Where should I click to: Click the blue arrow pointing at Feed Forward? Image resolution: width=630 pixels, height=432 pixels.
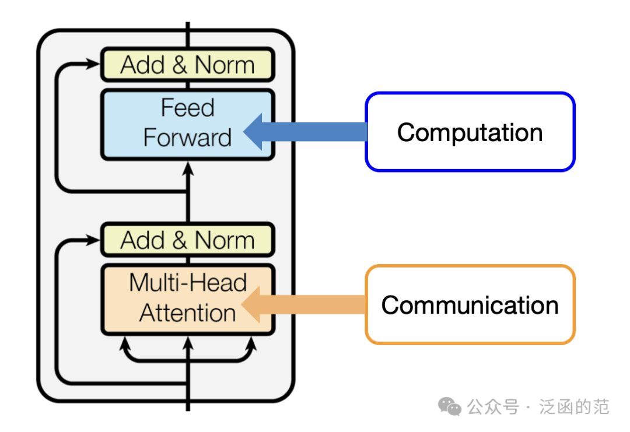(x=305, y=132)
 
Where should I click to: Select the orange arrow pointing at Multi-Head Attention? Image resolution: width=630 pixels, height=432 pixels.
(x=303, y=304)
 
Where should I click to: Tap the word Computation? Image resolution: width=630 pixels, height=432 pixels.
(x=470, y=132)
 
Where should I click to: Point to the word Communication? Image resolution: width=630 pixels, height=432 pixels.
(x=470, y=305)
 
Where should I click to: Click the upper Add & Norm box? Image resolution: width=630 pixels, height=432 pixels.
(x=188, y=65)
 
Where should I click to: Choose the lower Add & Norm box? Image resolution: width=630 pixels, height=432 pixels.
(x=188, y=240)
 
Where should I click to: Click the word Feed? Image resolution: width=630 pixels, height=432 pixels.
(x=188, y=108)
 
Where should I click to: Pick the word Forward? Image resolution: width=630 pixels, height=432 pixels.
(x=188, y=138)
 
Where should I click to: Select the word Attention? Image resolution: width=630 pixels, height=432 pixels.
(x=188, y=312)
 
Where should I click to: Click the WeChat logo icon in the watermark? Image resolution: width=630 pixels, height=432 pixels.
(x=450, y=407)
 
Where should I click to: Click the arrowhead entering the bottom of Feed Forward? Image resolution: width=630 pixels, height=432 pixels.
(x=188, y=168)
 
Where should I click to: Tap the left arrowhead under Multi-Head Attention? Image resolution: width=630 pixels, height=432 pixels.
(x=125, y=343)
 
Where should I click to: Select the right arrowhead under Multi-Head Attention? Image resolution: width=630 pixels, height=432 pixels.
(x=251, y=343)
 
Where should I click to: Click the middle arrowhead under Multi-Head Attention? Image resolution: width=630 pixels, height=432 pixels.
(x=188, y=343)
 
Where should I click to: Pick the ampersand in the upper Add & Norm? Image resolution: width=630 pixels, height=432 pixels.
(x=180, y=65)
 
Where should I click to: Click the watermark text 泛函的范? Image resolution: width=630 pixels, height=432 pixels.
(x=574, y=407)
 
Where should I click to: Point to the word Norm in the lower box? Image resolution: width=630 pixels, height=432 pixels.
(x=225, y=240)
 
